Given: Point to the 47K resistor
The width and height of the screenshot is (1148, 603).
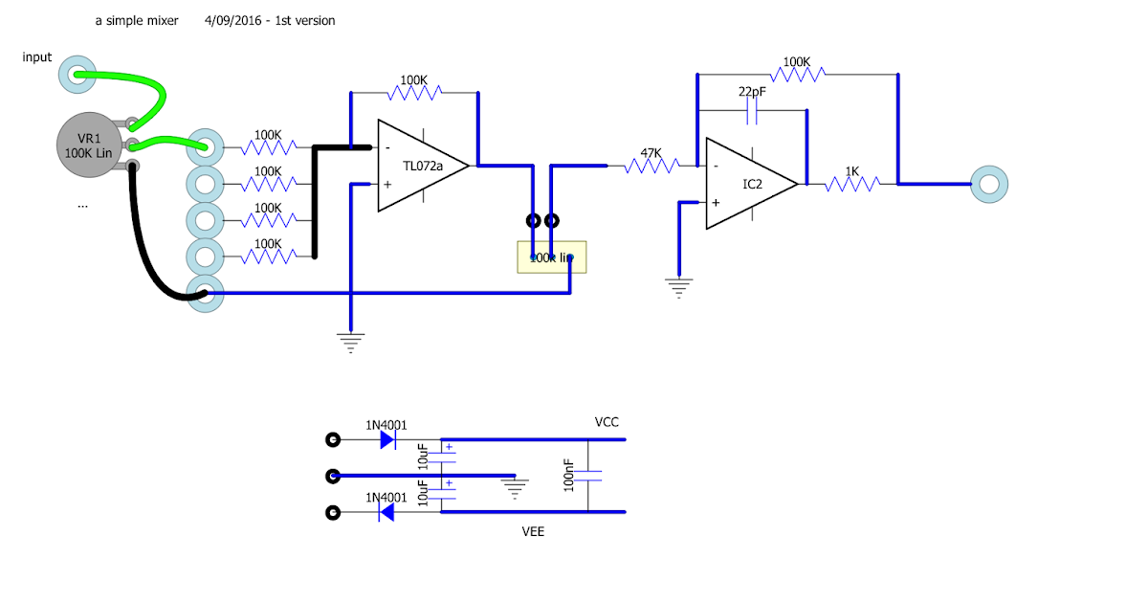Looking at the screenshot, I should [651, 167].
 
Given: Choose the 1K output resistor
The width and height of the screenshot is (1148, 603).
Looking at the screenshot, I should [851, 184].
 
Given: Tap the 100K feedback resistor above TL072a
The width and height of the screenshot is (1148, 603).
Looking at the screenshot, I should [414, 93].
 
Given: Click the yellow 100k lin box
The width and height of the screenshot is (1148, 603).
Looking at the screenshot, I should [551, 257].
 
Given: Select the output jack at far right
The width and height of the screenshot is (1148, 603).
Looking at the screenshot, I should [988, 183].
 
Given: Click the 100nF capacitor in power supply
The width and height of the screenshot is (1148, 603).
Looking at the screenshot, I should [591, 476].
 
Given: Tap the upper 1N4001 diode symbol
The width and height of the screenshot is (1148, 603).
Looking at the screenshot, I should [386, 440].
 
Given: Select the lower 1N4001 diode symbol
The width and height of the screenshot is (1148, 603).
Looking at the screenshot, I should [386, 513].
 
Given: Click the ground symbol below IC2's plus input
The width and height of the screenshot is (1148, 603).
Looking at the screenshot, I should [679, 287].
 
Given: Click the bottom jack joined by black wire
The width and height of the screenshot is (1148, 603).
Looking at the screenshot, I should [205, 292].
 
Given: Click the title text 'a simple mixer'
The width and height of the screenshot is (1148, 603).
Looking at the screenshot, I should [137, 20].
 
